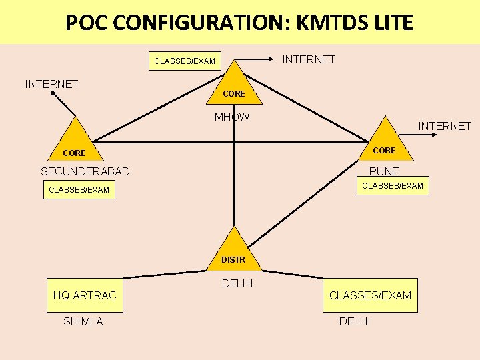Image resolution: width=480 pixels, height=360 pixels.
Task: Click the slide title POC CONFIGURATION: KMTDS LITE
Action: point(239,23)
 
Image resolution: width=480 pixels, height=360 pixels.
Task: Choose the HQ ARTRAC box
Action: point(85,295)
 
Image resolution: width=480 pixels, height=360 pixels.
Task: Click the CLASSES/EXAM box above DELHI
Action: point(370,295)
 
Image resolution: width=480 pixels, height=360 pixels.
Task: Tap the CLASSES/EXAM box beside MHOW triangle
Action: point(185,61)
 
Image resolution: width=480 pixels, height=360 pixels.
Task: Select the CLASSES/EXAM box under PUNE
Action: point(392,185)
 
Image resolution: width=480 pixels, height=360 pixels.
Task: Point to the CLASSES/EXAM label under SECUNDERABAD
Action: point(79,190)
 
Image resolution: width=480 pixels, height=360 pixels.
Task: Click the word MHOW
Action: point(232,117)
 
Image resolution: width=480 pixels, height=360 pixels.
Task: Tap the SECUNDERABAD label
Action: point(85,171)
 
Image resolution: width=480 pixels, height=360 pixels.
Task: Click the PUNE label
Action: point(384,171)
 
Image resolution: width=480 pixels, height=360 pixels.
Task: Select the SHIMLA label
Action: point(83,322)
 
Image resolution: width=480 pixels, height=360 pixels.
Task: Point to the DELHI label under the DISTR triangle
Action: point(237,284)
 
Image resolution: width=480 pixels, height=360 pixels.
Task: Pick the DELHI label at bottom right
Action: point(355,322)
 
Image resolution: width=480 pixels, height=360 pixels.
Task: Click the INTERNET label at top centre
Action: point(309,60)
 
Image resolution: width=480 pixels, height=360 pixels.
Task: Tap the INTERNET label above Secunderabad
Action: point(51,84)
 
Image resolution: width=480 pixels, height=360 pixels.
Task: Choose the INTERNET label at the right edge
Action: point(445,126)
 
